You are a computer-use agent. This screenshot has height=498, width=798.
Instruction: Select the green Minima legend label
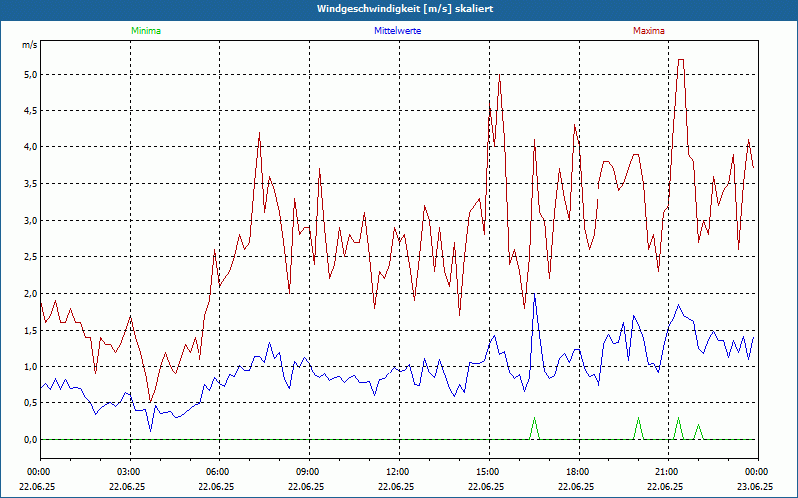[145, 31]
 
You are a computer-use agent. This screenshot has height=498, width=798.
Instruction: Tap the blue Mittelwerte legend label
[398, 31]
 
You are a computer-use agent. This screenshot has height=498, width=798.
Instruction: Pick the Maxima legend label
[648, 31]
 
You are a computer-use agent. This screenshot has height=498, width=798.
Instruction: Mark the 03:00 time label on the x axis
[128, 471]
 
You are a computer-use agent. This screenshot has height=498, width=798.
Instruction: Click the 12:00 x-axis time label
[397, 471]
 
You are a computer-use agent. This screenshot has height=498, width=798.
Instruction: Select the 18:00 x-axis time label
[577, 471]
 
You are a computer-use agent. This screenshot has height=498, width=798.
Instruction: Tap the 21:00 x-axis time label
[666, 471]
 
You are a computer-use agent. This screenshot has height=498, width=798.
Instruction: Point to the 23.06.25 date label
[755, 487]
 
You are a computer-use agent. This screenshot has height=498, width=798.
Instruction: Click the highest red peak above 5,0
[681, 60]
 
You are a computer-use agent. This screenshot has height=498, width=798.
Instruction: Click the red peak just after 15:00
[499, 75]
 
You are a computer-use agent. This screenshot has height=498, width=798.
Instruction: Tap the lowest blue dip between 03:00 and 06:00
[151, 430]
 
